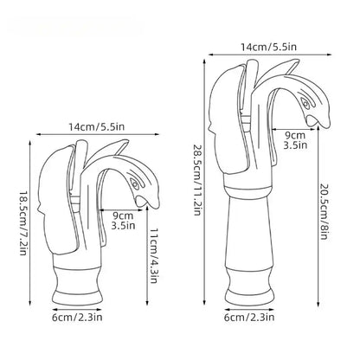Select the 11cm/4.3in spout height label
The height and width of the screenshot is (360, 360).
(154, 256)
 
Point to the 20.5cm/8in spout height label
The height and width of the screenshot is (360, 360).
(324, 210)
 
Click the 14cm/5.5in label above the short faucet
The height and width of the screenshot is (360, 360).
(96, 126)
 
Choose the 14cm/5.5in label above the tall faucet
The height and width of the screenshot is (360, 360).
(268, 47)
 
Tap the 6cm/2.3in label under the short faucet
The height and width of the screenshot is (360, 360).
(77, 318)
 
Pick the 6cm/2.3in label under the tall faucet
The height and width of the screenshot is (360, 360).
(249, 318)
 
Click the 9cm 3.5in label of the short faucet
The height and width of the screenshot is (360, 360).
(123, 221)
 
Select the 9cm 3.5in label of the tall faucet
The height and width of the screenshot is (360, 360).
(295, 140)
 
